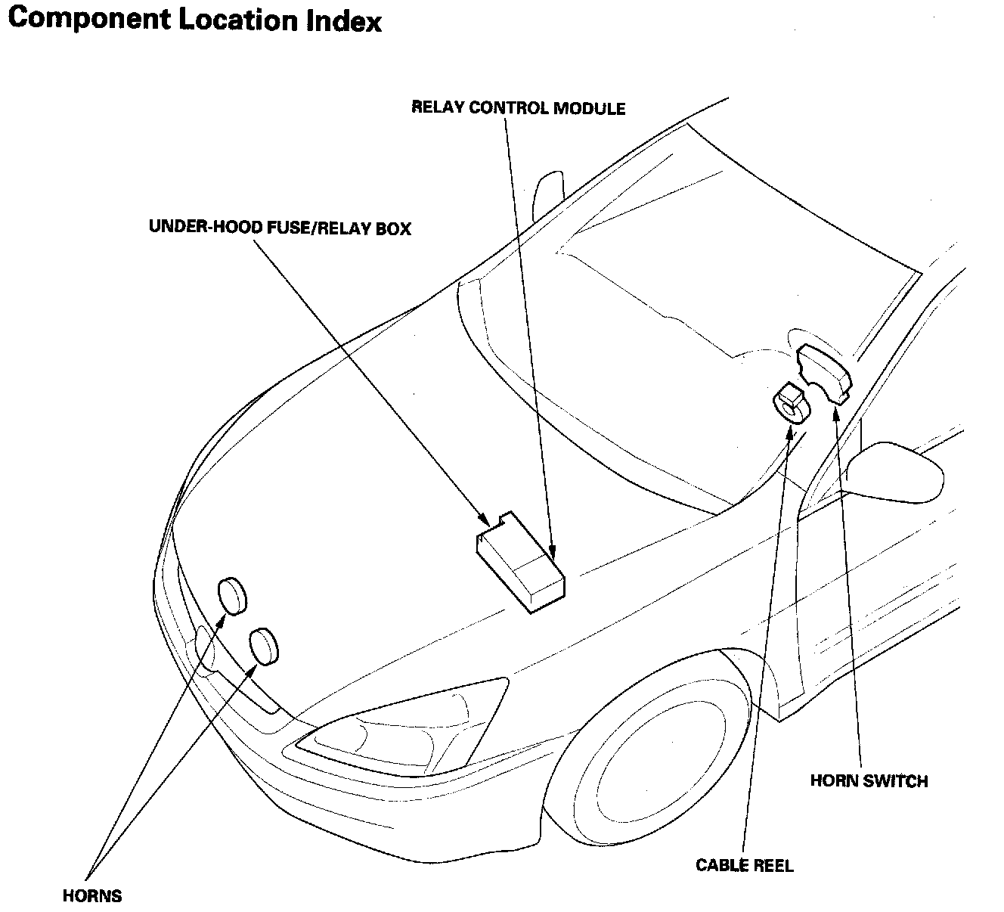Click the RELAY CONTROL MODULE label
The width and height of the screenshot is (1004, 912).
click(x=518, y=108)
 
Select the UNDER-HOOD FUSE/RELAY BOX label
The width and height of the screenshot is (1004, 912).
click(x=280, y=228)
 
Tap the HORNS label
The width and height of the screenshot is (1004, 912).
click(x=92, y=896)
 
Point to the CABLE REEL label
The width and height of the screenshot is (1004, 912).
click(x=745, y=865)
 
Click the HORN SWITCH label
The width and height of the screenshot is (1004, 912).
click(x=869, y=781)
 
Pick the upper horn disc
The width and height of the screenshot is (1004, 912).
click(x=232, y=594)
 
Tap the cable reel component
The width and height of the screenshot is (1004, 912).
click(x=791, y=402)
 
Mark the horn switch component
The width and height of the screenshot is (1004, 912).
click(x=823, y=371)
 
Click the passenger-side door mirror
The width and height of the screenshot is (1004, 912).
click(x=896, y=471)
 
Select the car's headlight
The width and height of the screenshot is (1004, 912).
click(x=401, y=722)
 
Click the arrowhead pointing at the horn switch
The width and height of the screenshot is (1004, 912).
click(x=836, y=411)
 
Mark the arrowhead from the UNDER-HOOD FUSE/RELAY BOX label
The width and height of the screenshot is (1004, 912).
click(x=484, y=520)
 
